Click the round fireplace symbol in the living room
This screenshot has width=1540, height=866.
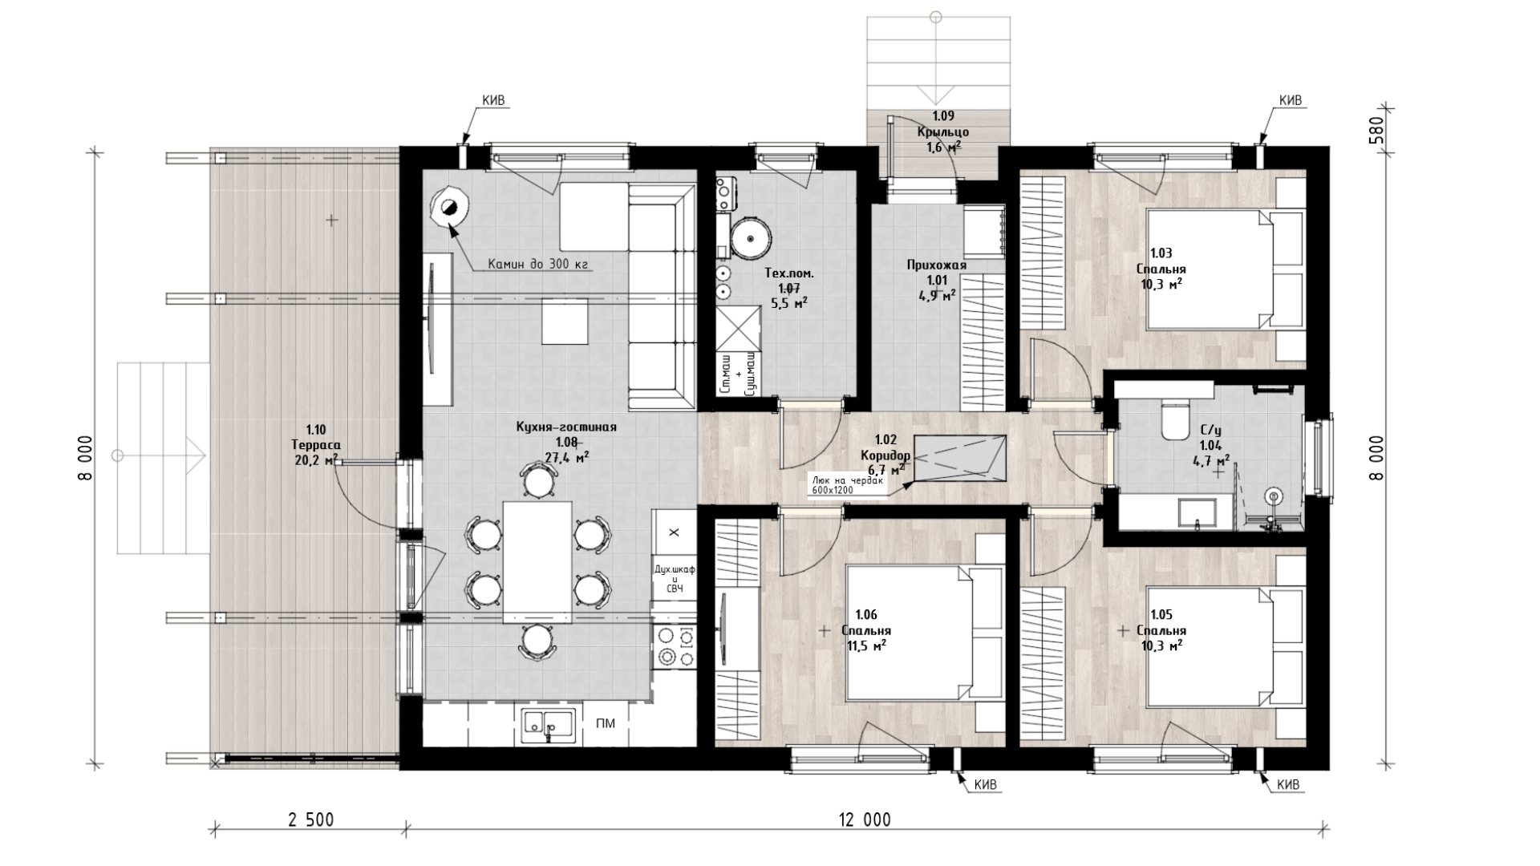point(448,208)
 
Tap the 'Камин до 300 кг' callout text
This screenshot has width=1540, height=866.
point(538,264)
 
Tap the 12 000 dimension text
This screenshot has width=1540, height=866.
point(865,819)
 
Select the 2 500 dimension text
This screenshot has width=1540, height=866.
point(310,819)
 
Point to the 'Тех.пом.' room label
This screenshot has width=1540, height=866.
point(788,273)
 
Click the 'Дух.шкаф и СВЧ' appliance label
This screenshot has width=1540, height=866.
point(675,578)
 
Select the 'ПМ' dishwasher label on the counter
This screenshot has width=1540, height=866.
point(606,723)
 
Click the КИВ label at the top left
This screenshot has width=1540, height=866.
point(493,100)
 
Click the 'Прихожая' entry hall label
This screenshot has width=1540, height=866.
point(936,265)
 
